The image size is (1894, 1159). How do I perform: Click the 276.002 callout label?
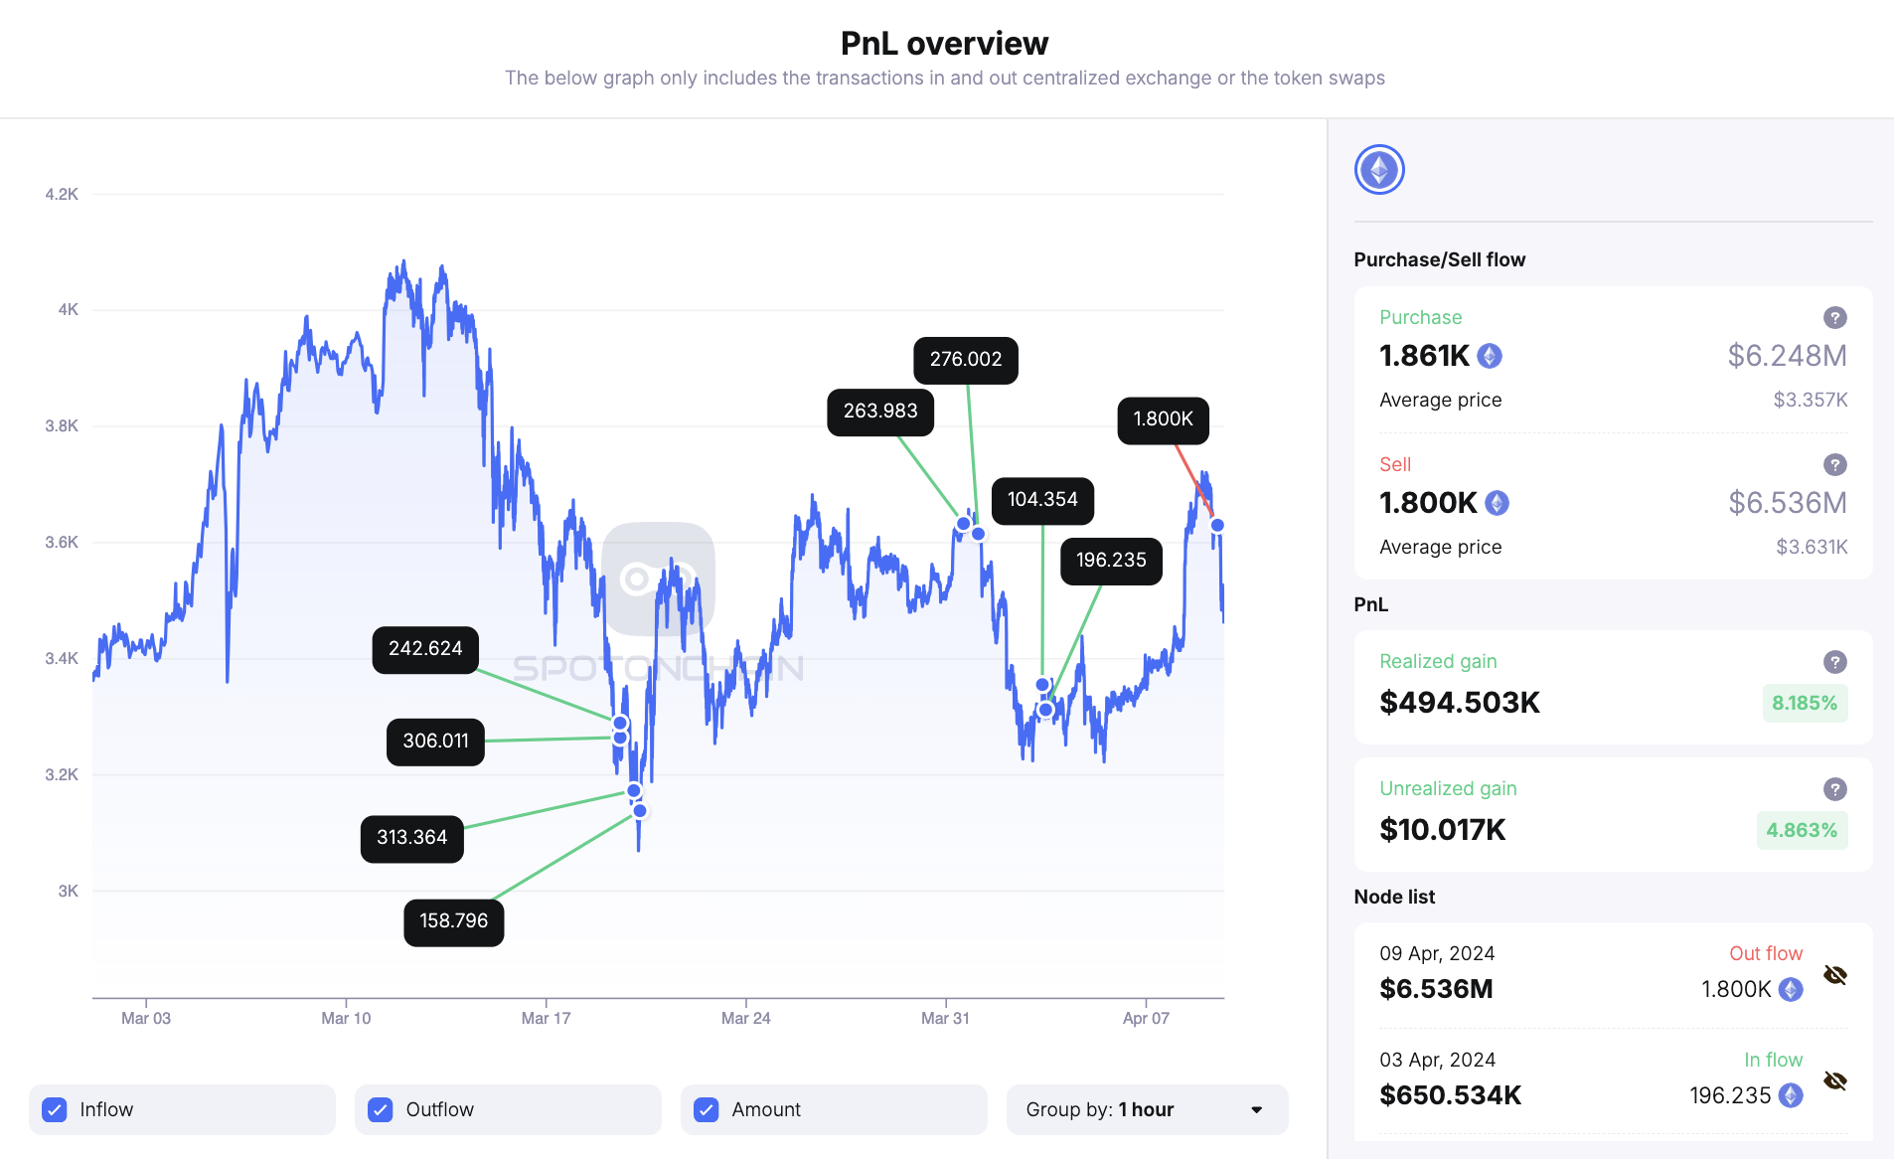click(965, 360)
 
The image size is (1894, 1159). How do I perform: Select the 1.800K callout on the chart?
click(1163, 419)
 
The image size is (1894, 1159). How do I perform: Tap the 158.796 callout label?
click(453, 921)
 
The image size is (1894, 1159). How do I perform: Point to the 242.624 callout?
click(425, 649)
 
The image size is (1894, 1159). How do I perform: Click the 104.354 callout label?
click(1041, 500)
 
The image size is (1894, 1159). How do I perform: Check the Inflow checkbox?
click(55, 1109)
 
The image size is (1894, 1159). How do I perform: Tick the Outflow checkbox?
click(381, 1109)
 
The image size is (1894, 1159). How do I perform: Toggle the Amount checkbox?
click(707, 1109)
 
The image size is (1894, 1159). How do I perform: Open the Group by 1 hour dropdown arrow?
click(1256, 1109)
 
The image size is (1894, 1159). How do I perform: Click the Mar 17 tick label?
click(546, 1018)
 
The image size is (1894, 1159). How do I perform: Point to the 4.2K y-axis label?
click(62, 194)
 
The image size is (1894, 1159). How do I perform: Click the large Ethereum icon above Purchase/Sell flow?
click(1378, 170)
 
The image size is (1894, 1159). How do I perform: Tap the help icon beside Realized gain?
click(1834, 662)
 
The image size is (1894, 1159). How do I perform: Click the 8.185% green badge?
click(1804, 704)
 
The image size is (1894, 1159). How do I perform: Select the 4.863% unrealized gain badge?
click(1801, 831)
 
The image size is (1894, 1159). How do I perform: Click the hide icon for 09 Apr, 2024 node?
click(1834, 975)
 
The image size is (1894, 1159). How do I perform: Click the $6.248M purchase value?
click(1786, 356)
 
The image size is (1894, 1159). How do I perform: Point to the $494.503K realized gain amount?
click(1459, 703)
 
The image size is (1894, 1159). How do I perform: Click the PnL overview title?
click(944, 44)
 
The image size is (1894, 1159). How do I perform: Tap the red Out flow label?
click(1765, 953)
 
